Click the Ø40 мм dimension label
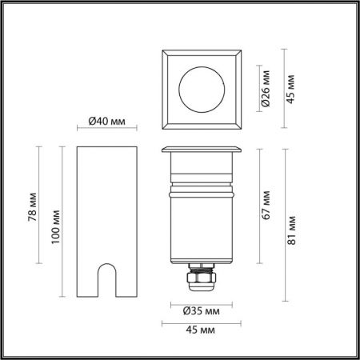point(106,122)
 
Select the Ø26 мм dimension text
point(266,88)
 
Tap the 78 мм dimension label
point(33,207)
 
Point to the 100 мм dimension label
point(56,226)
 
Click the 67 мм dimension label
point(266,205)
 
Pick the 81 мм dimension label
point(291,230)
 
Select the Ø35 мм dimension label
point(202,311)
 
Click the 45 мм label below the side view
point(200,330)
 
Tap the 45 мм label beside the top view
point(290,89)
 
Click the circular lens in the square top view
point(202,90)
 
